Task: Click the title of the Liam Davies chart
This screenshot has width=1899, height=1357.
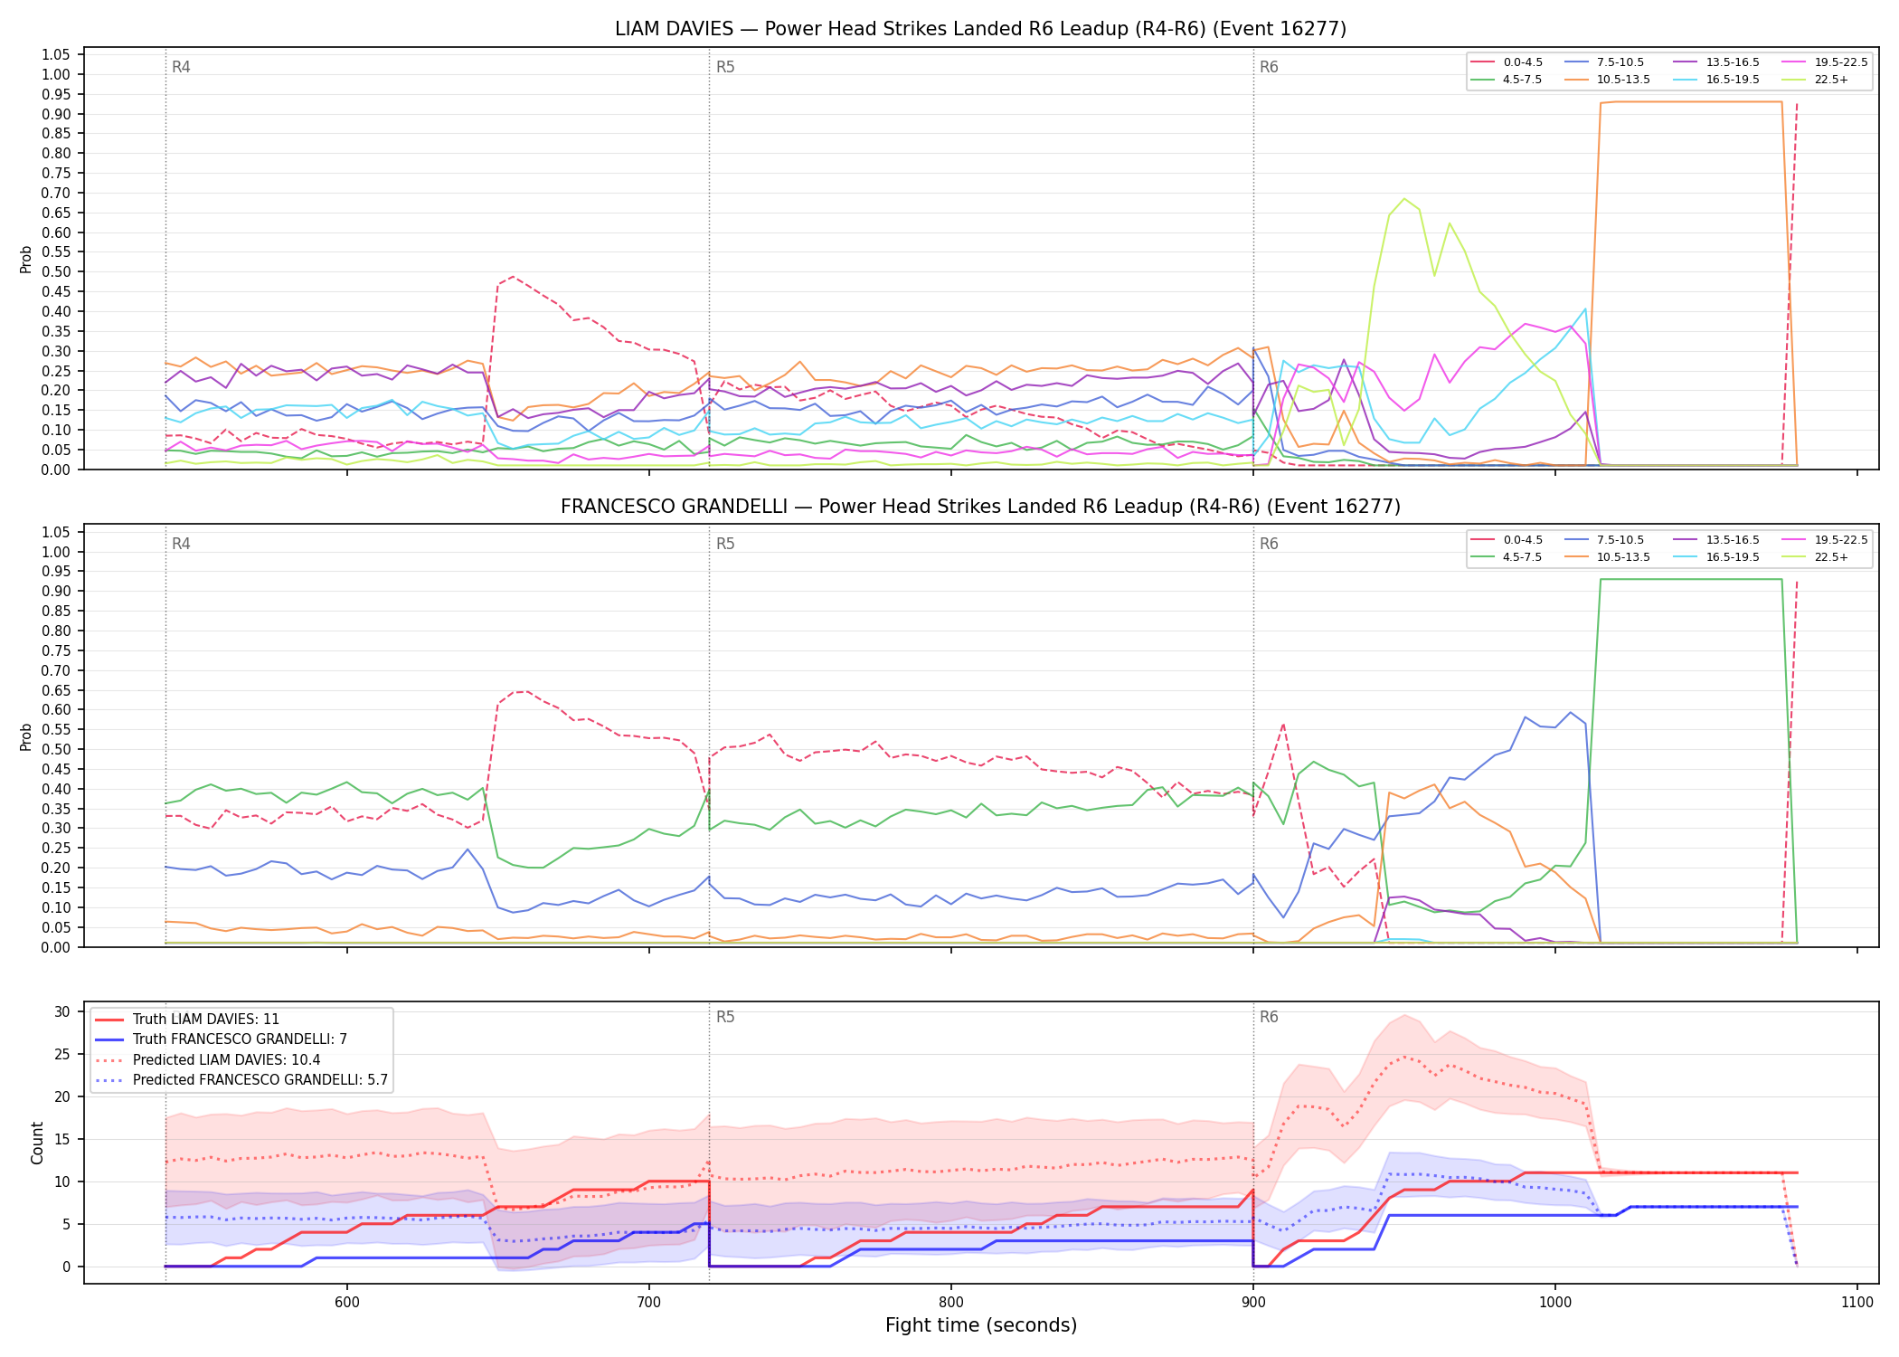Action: pyautogui.click(x=980, y=29)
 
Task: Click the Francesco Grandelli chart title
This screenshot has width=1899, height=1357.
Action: pyautogui.click(x=980, y=507)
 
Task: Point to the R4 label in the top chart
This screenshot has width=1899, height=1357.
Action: pyautogui.click(x=181, y=67)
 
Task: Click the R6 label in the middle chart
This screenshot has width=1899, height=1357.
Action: pyautogui.click(x=1269, y=545)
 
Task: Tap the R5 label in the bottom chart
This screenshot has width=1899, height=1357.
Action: pyautogui.click(x=725, y=1017)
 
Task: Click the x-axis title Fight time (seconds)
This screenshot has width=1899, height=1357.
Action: pyautogui.click(x=981, y=1325)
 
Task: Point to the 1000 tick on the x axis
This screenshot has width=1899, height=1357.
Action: pyautogui.click(x=1555, y=1302)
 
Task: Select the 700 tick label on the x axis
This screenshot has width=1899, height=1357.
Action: pyautogui.click(x=649, y=1302)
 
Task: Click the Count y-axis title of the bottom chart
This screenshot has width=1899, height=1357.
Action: pyautogui.click(x=37, y=1143)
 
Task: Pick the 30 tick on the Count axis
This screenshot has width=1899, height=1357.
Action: pyautogui.click(x=62, y=1011)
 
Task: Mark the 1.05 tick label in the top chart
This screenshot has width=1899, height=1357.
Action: pyautogui.click(x=56, y=55)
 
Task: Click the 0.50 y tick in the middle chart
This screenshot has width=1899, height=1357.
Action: pyautogui.click(x=56, y=749)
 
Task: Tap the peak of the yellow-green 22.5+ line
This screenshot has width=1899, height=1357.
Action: pyautogui.click(x=1404, y=198)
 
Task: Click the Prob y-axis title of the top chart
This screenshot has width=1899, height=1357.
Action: pyautogui.click(x=26, y=260)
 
